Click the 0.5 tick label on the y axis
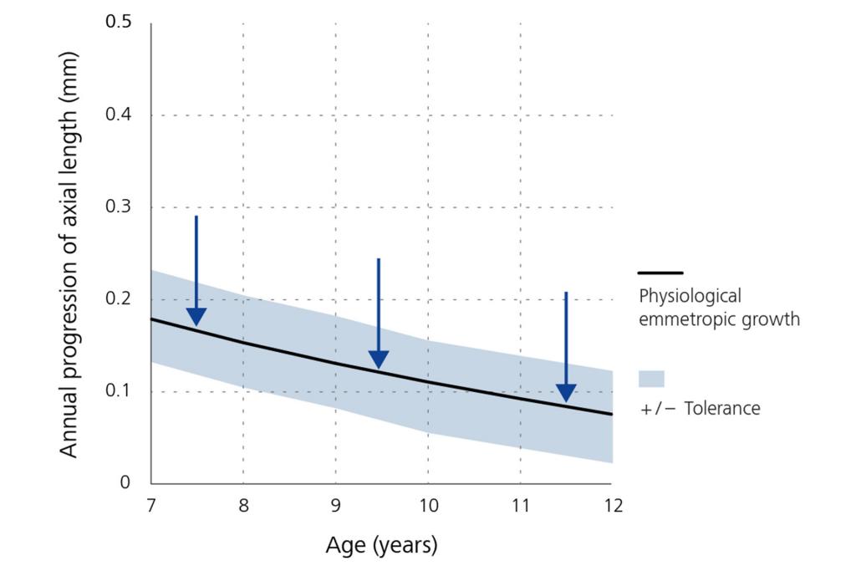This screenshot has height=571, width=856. pos(118,23)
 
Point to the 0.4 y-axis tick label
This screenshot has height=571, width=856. pos(118,115)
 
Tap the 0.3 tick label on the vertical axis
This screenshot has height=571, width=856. pos(118,207)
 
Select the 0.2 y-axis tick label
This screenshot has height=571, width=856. pos(118,299)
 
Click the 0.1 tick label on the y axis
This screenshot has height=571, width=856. pos(118,391)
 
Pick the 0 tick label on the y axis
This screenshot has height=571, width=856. pos(126,483)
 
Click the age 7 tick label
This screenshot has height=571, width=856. pos(151,507)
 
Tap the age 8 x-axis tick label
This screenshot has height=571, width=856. pos(243,507)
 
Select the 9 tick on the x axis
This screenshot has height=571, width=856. pos(335,507)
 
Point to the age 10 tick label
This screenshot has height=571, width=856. pos(427,507)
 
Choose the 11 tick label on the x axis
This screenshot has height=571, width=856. pos(520,507)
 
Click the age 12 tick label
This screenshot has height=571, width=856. pos(612,507)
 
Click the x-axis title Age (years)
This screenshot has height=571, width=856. pos(381,546)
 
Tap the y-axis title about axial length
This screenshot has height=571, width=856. pos(69,254)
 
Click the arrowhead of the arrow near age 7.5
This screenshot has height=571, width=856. pos(196,316)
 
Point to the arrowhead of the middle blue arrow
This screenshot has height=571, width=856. pos(379,359)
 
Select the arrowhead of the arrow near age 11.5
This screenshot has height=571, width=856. pos(566,392)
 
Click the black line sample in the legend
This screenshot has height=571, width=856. pos(660,273)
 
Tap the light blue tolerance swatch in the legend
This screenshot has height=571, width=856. pos(651,379)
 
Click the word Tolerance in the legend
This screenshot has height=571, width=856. pos(721,409)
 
